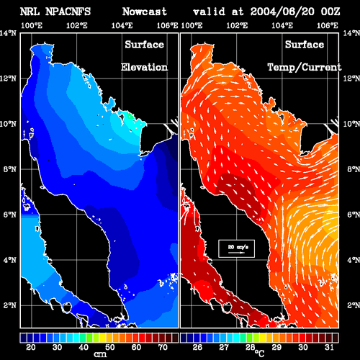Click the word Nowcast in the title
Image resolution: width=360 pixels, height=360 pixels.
(145, 12)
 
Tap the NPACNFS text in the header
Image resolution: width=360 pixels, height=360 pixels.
(68, 12)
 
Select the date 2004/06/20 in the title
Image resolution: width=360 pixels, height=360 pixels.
(282, 12)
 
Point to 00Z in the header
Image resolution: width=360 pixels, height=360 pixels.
(330, 12)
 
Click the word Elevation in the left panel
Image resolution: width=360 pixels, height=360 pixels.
(144, 67)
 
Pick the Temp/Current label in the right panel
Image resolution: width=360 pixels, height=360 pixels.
(305, 68)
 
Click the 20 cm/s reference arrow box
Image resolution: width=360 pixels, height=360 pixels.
(236, 248)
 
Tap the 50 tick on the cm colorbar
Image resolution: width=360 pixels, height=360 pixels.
(110, 347)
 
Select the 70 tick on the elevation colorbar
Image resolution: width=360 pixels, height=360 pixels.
(163, 347)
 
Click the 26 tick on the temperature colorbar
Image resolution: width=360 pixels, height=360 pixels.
(197, 347)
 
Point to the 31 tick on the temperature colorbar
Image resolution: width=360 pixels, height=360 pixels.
(329, 347)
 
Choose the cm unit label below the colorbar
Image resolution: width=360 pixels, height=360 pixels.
(100, 354)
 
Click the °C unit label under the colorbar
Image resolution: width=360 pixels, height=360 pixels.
(259, 354)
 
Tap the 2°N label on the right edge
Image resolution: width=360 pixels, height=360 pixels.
(354, 305)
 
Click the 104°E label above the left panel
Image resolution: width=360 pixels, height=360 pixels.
(122, 25)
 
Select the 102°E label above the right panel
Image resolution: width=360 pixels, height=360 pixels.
(237, 25)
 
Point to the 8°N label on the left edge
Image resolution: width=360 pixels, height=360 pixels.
(10, 169)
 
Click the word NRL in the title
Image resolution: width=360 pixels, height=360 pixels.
(30, 12)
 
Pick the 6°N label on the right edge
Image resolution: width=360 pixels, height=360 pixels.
(354, 215)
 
